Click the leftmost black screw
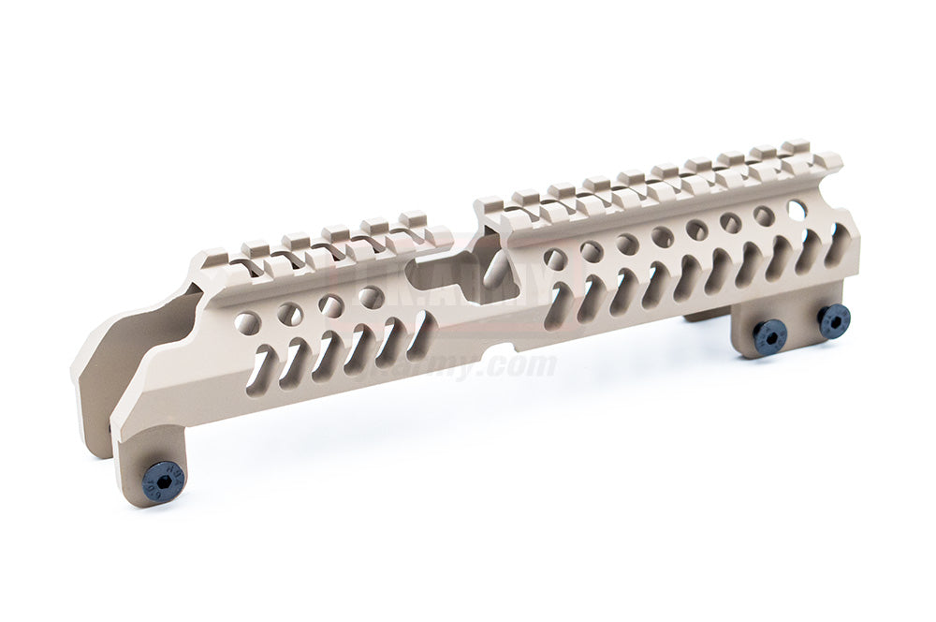[x=163, y=482]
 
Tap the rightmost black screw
[x=833, y=320]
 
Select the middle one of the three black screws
[x=769, y=336]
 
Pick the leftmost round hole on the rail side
[x=247, y=323]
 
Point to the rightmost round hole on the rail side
[x=797, y=208]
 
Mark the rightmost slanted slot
[x=837, y=245]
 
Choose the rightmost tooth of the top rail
[x=796, y=148]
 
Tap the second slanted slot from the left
[x=297, y=361]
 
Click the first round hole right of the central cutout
[x=556, y=259]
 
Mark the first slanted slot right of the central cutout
[x=560, y=305]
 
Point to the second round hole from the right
[x=764, y=216]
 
